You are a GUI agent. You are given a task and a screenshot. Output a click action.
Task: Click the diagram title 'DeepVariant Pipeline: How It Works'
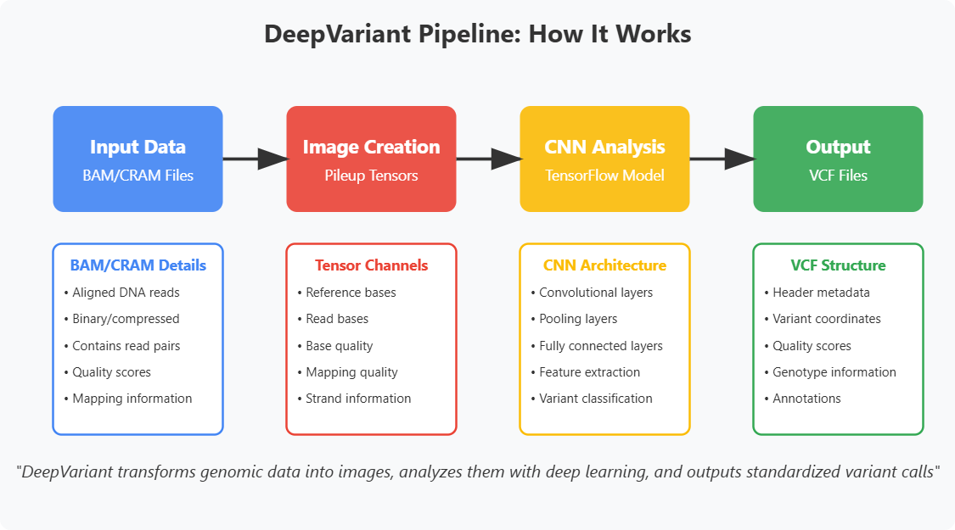coord(477,35)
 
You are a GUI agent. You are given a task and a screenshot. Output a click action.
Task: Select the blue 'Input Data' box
coord(138,159)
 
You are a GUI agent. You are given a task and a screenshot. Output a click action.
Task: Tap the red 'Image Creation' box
coord(371,159)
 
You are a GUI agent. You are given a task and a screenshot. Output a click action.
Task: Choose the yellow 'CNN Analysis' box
coord(604,159)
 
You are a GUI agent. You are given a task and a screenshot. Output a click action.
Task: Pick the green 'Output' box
coord(838,159)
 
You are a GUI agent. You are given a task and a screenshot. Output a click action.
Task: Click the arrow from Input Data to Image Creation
coord(255,159)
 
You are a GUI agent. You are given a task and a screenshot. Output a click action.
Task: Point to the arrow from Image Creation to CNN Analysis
coord(488,159)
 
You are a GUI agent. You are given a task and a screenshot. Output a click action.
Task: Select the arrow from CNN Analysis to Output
coord(722,159)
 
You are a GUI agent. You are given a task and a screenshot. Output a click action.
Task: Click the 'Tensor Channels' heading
coord(371,265)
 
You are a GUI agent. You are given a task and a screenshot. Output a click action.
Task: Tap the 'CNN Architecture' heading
coord(604,265)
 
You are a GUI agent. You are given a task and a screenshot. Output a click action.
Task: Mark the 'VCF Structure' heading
coord(838,265)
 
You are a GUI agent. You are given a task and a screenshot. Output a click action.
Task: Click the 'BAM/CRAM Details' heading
coord(138,265)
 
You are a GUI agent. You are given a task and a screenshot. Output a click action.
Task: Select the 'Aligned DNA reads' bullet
coord(126,293)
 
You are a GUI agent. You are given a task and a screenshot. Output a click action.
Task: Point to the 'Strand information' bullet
coord(357,399)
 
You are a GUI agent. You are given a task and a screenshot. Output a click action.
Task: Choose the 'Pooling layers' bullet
coord(578,319)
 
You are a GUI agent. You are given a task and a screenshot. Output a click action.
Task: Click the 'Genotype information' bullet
coord(834,372)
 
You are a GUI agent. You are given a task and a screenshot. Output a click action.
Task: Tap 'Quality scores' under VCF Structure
coord(812,346)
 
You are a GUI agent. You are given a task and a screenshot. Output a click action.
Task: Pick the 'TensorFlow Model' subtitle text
coord(604,176)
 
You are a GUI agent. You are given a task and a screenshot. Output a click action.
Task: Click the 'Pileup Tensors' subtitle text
coord(371,176)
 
